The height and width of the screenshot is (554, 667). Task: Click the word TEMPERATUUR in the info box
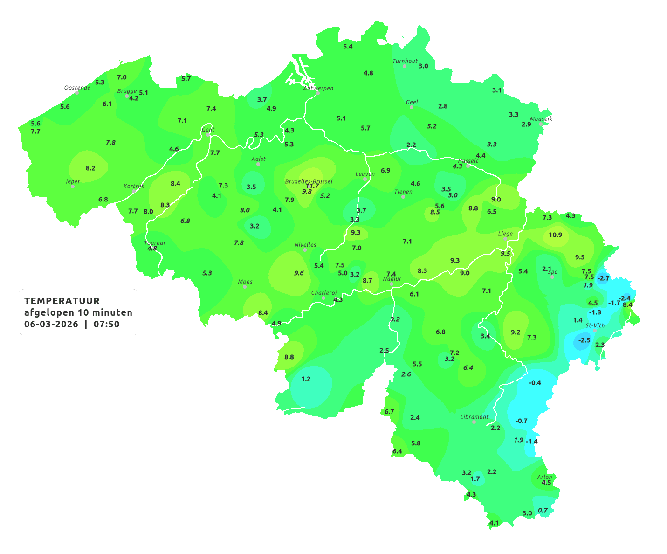click(62, 301)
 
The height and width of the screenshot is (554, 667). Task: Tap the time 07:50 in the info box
click(106, 324)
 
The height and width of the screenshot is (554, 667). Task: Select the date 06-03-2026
click(51, 324)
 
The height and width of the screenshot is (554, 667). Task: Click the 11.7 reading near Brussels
click(312, 186)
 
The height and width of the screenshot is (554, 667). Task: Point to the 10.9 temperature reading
click(555, 235)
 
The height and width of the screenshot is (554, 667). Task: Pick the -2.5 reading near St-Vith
click(584, 340)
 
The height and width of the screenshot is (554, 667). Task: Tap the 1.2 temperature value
click(306, 379)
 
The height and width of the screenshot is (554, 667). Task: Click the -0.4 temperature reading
click(535, 382)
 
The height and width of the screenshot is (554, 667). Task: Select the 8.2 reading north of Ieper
click(90, 168)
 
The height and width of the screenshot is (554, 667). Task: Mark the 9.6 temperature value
click(299, 273)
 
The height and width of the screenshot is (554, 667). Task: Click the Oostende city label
click(77, 88)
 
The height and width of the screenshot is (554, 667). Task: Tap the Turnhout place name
click(405, 61)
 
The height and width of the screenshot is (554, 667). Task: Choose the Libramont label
click(474, 417)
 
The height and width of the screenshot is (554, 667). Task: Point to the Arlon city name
click(544, 477)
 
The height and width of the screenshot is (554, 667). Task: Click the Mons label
click(245, 282)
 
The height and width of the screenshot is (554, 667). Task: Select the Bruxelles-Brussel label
click(309, 181)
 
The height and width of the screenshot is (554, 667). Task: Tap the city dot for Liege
click(505, 239)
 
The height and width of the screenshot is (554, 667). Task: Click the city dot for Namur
click(392, 284)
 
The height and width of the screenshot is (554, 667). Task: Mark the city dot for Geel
click(412, 107)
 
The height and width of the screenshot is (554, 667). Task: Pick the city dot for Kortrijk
click(134, 191)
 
